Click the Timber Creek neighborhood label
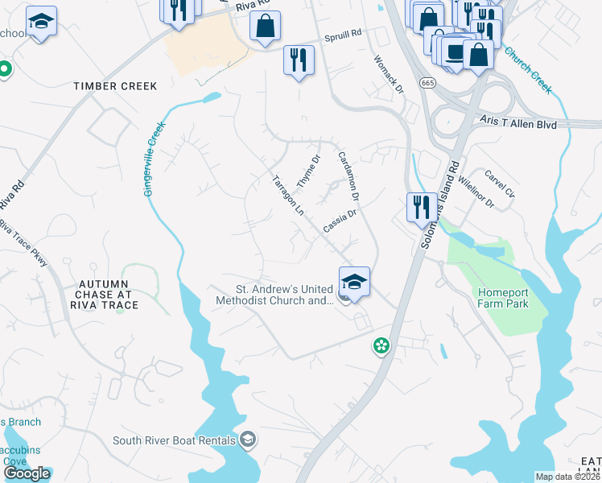click(114, 86)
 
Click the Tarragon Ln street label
click(287, 196)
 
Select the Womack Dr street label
click(389, 75)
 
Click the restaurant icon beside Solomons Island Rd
click(422, 208)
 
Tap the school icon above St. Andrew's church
click(354, 281)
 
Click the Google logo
click(27, 473)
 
